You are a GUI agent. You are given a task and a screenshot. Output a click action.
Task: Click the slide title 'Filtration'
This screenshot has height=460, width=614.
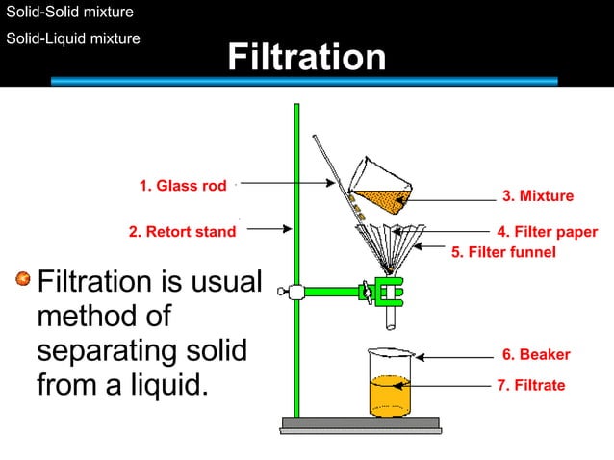pyautogui.click(x=306, y=58)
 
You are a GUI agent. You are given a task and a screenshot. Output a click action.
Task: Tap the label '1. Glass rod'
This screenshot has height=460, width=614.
pyautogui.click(x=183, y=186)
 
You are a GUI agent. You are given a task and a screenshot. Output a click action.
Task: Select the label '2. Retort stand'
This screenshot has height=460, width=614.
pyautogui.click(x=182, y=232)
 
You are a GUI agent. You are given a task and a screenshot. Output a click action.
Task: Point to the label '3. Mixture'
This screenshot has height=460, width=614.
pyautogui.click(x=538, y=196)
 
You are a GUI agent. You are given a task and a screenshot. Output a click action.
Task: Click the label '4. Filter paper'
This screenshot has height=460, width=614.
pyautogui.click(x=547, y=232)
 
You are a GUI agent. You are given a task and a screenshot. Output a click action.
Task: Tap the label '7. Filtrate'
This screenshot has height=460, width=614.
pyautogui.click(x=531, y=385)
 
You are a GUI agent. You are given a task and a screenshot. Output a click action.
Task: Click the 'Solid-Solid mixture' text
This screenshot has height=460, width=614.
pyautogui.click(x=70, y=13)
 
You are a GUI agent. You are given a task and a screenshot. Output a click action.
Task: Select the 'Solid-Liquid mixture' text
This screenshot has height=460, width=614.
pyautogui.click(x=73, y=38)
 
